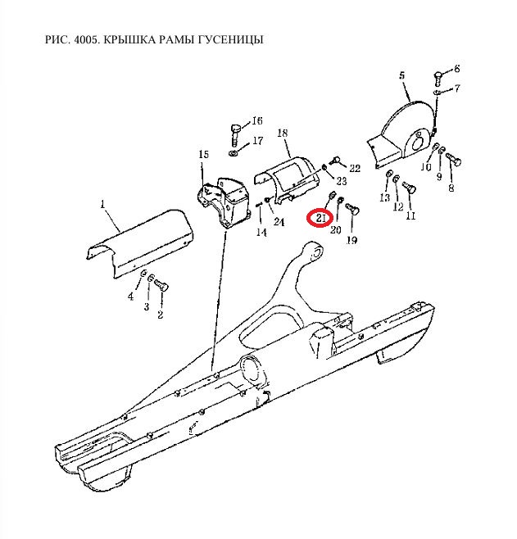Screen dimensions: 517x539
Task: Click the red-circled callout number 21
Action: [320, 218]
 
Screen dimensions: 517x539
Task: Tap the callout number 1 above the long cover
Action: [102, 205]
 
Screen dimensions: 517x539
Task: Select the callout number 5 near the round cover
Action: [402, 75]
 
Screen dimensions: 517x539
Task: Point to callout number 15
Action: [203, 154]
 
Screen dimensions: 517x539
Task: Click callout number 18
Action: [282, 133]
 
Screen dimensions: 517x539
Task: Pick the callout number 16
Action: [257, 121]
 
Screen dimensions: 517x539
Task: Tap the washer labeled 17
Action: [233, 152]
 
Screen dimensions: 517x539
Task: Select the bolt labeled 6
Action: [438, 79]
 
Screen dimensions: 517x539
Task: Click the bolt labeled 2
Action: [161, 286]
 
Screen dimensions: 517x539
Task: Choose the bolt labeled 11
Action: [410, 188]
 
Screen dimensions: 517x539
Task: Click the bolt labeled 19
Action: [352, 208]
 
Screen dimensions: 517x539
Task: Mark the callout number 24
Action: [279, 222]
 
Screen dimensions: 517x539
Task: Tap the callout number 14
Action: [261, 233]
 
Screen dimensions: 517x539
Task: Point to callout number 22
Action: [355, 168]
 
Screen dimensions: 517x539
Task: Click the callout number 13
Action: [384, 197]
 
